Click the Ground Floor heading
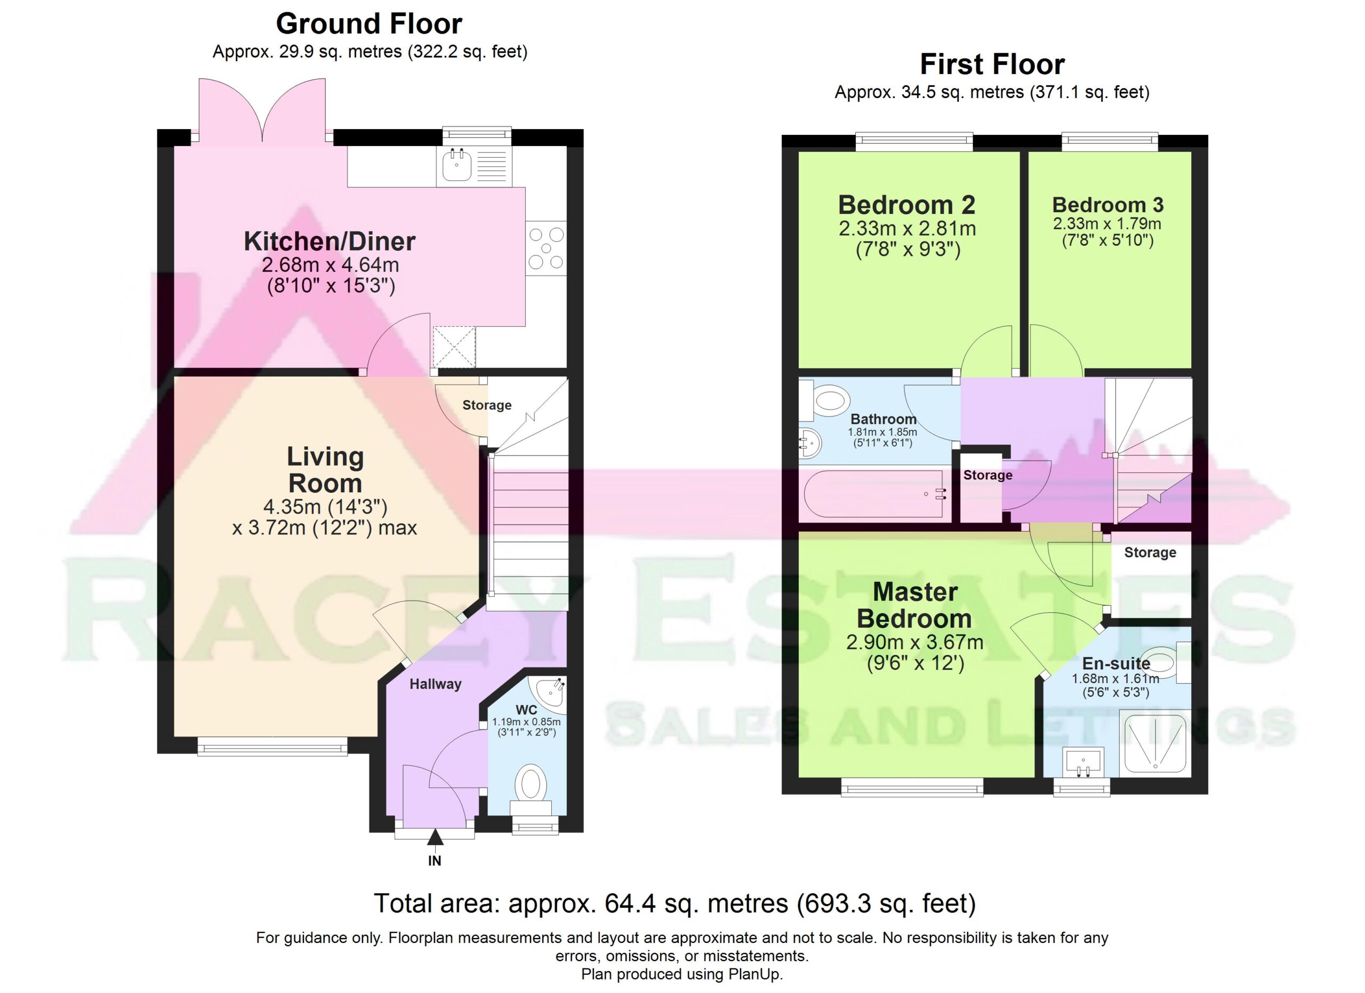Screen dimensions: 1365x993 click(x=369, y=24)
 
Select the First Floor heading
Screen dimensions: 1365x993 click(x=992, y=65)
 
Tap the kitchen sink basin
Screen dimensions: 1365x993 click(x=456, y=165)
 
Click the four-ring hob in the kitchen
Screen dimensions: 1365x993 click(x=546, y=248)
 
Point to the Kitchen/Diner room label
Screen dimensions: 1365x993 click(x=329, y=242)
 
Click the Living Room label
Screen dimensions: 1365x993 click(x=325, y=469)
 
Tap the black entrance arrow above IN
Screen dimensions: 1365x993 click(x=435, y=837)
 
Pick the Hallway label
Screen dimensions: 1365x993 click(x=435, y=684)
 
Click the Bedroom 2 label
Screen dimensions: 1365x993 click(x=906, y=205)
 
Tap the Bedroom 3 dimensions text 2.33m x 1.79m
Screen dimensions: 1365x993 click(x=1107, y=224)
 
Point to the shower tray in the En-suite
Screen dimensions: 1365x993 click(x=1155, y=743)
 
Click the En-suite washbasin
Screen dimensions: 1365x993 click(x=1083, y=762)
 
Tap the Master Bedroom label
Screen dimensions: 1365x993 click(x=914, y=605)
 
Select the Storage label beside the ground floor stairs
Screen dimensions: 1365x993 click(x=487, y=405)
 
